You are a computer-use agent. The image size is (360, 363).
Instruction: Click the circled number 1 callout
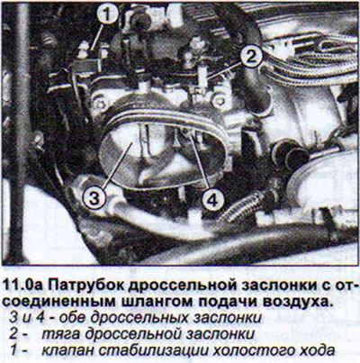[x=107, y=14]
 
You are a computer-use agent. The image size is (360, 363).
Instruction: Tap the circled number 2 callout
[x=250, y=56]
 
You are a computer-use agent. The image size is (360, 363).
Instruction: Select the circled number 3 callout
[x=94, y=198]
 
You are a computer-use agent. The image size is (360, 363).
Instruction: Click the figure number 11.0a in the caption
[x=22, y=286]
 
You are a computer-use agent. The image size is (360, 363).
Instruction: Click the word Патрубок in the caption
[x=85, y=286]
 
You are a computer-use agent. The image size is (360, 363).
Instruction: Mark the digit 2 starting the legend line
[x=13, y=334]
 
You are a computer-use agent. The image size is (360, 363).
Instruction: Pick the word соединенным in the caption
[x=58, y=302]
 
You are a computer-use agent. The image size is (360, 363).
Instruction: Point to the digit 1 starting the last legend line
[x=13, y=350]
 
